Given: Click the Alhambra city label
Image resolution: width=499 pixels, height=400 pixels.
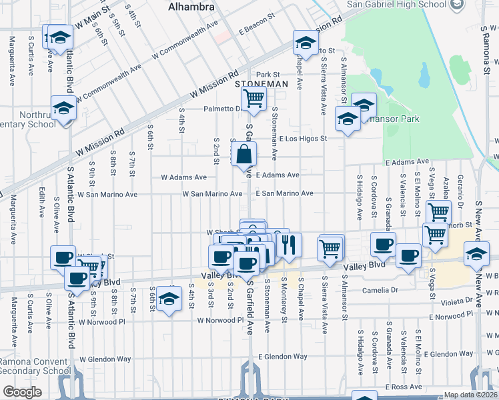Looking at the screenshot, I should (191, 6).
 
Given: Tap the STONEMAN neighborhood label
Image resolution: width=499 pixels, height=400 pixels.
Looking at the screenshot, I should (262, 85).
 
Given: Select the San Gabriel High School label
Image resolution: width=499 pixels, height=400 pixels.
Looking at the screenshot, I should (396, 5).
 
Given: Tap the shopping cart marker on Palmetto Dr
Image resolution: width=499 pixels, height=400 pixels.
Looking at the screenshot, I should (254, 99).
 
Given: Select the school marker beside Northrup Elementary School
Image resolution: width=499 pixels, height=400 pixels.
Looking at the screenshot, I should (64, 108).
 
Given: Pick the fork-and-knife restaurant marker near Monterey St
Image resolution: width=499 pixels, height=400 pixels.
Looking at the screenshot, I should (288, 245).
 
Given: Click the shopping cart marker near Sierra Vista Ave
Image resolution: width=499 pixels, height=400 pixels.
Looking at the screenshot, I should (331, 248).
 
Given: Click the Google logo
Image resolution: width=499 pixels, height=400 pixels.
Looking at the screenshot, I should (22, 392).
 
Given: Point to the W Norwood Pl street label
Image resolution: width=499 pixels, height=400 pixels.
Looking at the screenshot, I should (220, 320).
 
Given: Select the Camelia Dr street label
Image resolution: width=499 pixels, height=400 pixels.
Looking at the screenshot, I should (380, 290).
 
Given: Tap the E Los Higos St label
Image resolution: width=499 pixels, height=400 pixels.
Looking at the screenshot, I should (304, 139).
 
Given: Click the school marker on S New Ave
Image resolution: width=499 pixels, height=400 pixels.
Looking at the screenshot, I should (476, 255).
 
